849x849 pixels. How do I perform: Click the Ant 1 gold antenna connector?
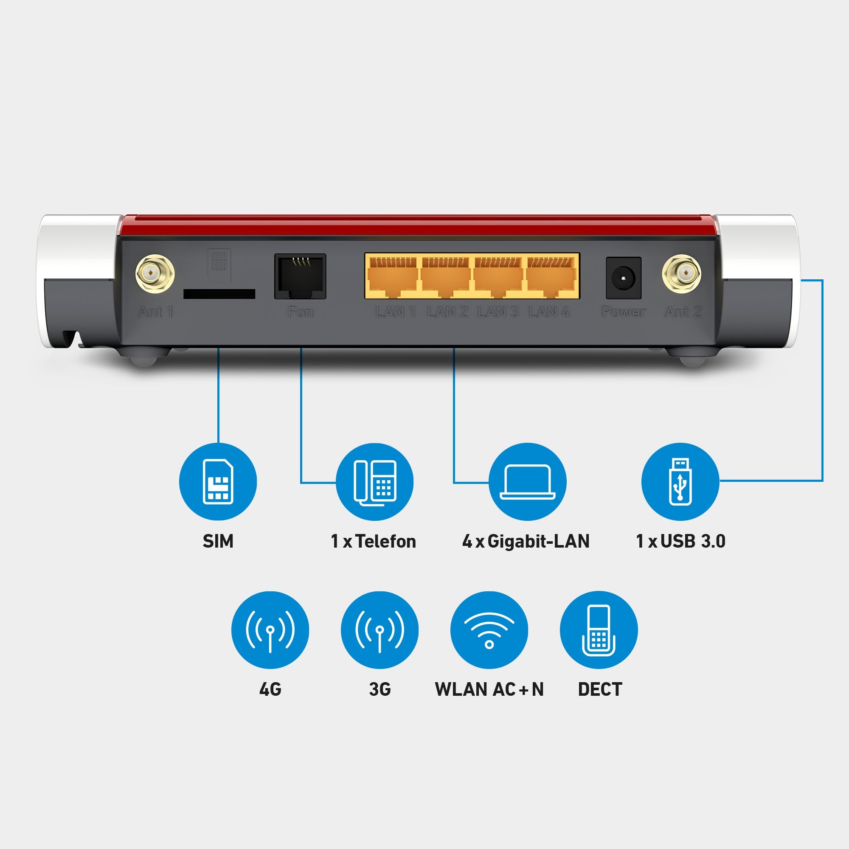tap(155, 274)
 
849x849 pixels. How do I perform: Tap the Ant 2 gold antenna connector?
tap(681, 274)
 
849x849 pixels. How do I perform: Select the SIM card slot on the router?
tap(219, 294)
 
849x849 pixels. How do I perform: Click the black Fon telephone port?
tap(300, 276)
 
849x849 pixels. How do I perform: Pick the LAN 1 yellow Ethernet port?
tap(393, 276)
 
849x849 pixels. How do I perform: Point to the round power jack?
tap(623, 278)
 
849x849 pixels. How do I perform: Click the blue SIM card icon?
tap(218, 482)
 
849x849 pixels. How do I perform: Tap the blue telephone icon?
tap(374, 482)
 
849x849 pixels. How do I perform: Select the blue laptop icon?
tap(527, 482)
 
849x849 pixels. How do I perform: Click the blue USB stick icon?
tap(680, 482)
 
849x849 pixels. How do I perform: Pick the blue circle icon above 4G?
tap(270, 630)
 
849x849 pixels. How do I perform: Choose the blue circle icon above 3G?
tap(380, 630)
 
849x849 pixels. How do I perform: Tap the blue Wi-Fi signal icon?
tap(489, 630)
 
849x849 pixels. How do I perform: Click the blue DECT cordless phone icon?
tap(599, 630)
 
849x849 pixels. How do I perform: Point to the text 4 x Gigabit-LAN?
tap(526, 541)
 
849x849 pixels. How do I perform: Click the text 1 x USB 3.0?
tap(680, 541)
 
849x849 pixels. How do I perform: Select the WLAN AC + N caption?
tap(489, 689)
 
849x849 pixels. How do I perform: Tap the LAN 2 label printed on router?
tap(447, 312)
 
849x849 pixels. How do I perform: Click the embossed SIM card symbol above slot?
tap(219, 260)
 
